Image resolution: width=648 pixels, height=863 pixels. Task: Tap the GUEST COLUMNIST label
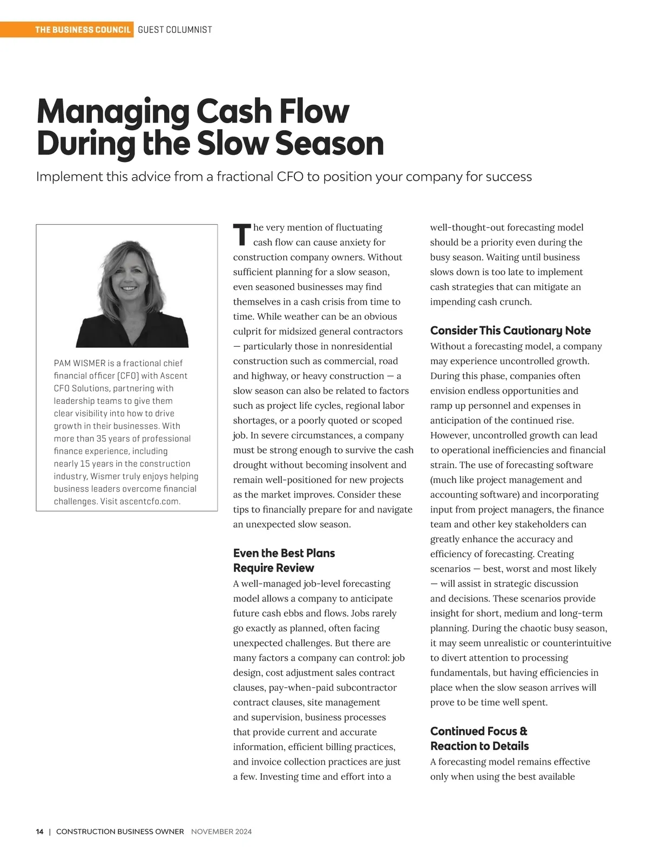pos(175,30)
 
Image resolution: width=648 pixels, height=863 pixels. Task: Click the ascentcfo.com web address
pos(150,501)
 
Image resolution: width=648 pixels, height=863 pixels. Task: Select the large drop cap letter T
pos(241,234)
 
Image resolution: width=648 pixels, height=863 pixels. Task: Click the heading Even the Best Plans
pos(284,553)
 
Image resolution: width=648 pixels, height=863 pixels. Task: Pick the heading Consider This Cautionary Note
pos(510,331)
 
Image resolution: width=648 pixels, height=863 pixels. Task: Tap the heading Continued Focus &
pos(478,731)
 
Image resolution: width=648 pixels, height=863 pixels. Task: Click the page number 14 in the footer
pos(40,832)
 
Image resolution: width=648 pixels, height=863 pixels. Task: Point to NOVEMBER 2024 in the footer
pos(221,832)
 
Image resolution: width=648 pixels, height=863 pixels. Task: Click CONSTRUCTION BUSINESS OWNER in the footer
pos(120,832)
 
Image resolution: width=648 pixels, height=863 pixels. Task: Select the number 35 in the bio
pos(101,439)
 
